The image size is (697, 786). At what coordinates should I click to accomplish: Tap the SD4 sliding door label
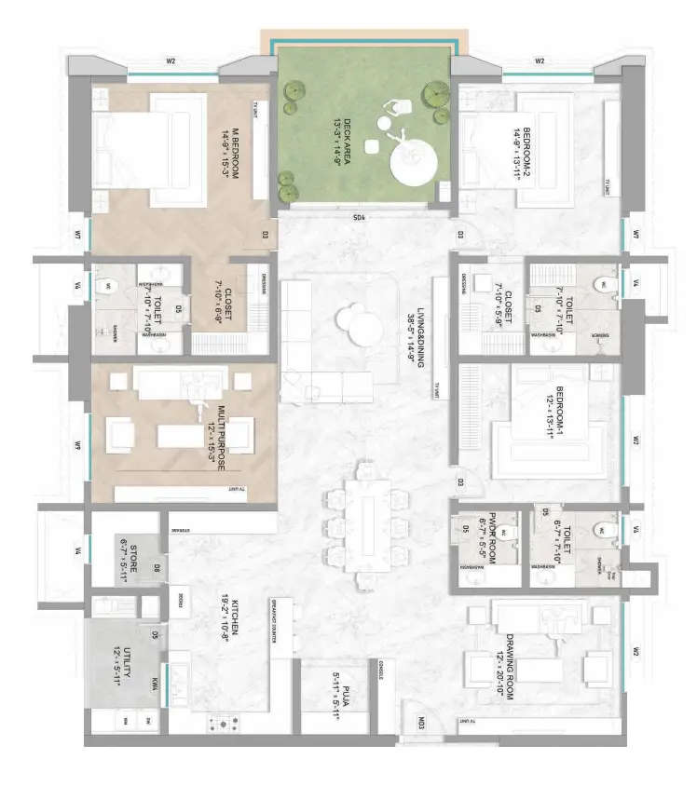(359, 218)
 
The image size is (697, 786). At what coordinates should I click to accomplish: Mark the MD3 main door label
(421, 722)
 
